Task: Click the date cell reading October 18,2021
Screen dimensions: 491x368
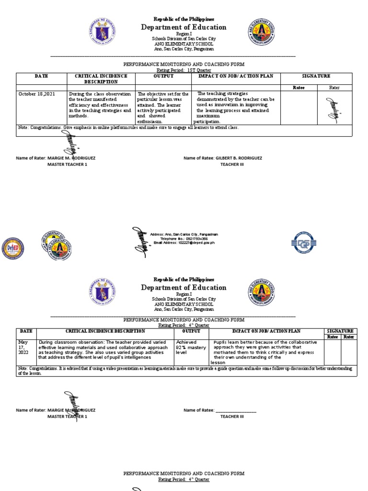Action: [x=37, y=94]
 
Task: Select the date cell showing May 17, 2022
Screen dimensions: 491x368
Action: [x=24, y=347]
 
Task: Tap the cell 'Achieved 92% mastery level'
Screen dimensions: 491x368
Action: [x=191, y=347]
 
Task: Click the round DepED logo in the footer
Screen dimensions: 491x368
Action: [x=13, y=248]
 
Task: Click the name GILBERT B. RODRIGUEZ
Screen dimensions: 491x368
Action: [x=238, y=158]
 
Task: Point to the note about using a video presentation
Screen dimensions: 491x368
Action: [x=187, y=371]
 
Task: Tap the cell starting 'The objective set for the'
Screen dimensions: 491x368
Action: [x=163, y=107]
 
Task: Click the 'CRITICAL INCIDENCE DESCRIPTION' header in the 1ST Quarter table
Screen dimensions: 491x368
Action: [x=101, y=79]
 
